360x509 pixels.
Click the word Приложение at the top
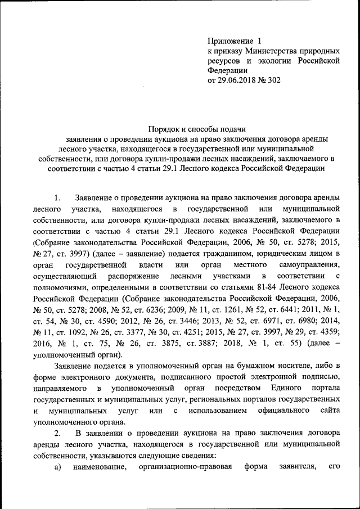230,41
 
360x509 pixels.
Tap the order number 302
273,80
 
